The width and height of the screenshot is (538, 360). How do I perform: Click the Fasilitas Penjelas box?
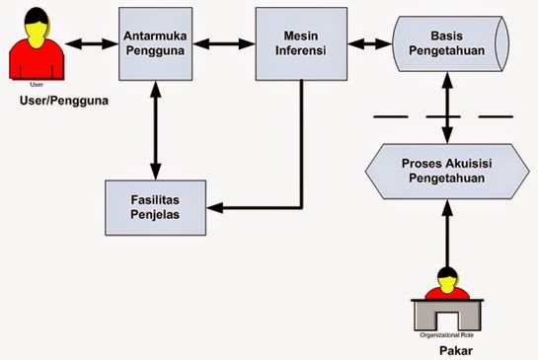(x=155, y=207)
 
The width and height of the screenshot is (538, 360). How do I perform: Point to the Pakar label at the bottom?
(x=449, y=348)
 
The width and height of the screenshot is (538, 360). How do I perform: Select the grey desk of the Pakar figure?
(x=449, y=314)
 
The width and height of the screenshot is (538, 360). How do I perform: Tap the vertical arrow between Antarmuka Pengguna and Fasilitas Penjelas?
(x=155, y=130)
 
